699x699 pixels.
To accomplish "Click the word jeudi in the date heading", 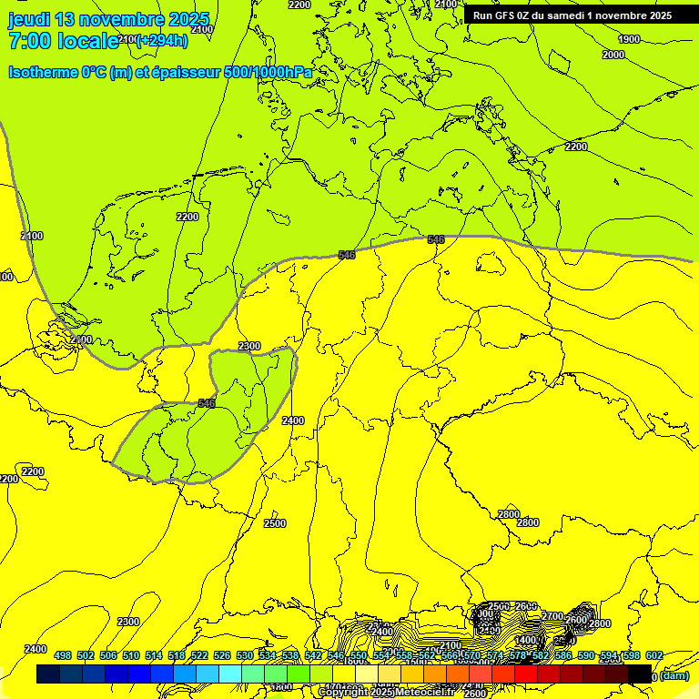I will (x=29, y=19).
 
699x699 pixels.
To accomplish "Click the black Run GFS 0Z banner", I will (x=572, y=15).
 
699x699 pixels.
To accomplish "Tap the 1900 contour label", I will (x=628, y=39).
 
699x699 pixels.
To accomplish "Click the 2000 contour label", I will (x=613, y=55).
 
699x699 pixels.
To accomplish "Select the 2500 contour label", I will (x=274, y=523).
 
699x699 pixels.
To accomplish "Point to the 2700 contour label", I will (x=552, y=616).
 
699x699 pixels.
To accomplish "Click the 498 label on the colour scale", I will (x=63, y=655).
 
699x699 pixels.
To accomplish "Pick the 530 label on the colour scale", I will (x=244, y=655).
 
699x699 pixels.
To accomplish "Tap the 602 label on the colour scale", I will (x=653, y=655).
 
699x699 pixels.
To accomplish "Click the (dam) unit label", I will (x=674, y=675).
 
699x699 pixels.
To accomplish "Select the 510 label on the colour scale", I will (x=131, y=655).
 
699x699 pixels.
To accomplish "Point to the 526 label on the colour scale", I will (x=221, y=655).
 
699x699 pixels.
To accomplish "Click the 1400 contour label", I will (x=525, y=640).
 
